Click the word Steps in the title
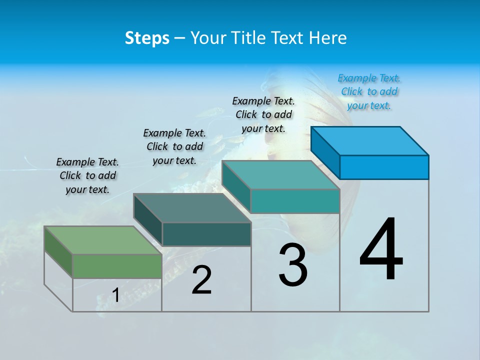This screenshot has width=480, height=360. (x=147, y=38)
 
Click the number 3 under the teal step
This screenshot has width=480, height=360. (x=293, y=265)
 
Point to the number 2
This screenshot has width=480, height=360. (x=201, y=280)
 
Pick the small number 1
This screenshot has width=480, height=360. (x=115, y=295)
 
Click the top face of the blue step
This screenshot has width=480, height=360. (x=370, y=141)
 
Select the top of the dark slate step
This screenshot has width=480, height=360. (x=192, y=208)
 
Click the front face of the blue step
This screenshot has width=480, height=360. (x=384, y=167)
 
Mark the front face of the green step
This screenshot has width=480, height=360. (x=117, y=265)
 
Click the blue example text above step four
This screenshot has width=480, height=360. (x=369, y=92)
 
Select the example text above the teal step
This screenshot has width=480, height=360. (x=263, y=114)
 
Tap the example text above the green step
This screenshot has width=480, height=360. (x=87, y=175)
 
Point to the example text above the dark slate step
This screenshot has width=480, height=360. (x=174, y=146)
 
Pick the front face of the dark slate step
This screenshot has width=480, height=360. (x=206, y=234)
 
